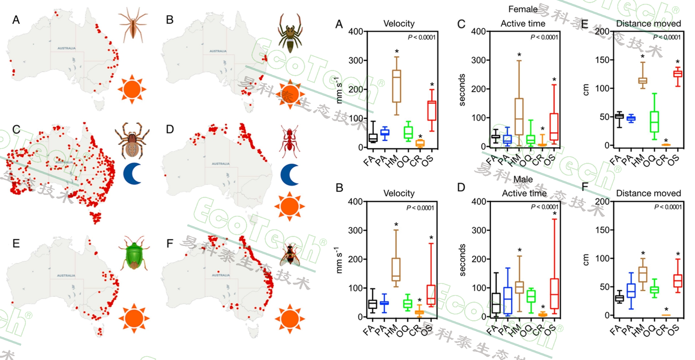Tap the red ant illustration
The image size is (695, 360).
click(x=289, y=141)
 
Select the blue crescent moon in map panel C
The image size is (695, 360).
click(x=133, y=174)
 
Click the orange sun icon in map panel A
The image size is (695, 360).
click(x=132, y=89)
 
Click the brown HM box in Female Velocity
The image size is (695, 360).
click(x=396, y=86)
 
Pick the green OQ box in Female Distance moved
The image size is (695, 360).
click(x=654, y=122)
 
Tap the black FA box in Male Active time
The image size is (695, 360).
click(x=496, y=303)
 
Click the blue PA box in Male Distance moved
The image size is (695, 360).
click(x=631, y=290)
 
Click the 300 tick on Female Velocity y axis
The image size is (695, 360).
click(x=355, y=60)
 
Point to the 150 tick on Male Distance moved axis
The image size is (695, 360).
click(x=602, y=230)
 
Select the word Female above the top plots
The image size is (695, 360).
click(x=523, y=9)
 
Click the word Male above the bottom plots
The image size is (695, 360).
click(x=523, y=179)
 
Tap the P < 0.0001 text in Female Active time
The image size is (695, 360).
click(x=544, y=37)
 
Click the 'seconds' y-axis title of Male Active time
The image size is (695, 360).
click(x=463, y=260)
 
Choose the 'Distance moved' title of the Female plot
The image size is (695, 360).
click(x=648, y=24)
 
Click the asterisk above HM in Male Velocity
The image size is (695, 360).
click(x=396, y=225)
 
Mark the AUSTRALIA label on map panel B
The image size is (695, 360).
click(x=218, y=51)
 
